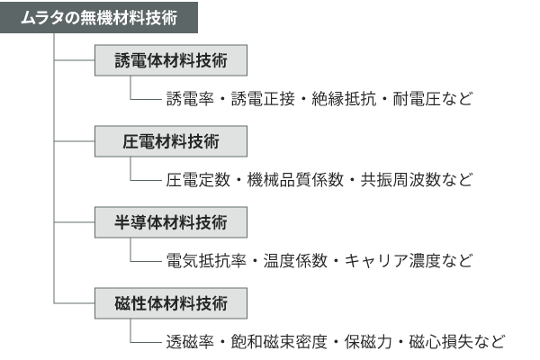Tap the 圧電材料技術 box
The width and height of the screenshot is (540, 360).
click(x=170, y=141)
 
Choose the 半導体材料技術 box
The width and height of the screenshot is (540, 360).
click(x=170, y=221)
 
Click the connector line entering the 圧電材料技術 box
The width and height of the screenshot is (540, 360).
click(x=76, y=141)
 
